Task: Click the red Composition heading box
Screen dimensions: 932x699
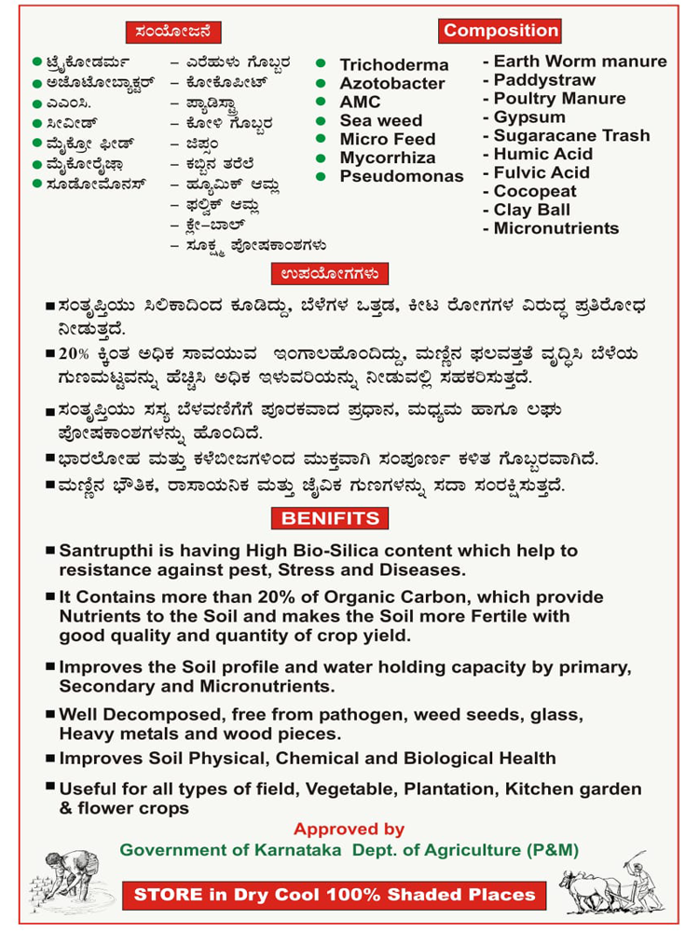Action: coord(500,31)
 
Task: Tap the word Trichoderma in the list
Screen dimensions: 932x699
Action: coord(393,64)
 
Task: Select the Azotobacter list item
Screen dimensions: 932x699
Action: coord(392,83)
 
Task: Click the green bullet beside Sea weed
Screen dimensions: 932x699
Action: coord(321,120)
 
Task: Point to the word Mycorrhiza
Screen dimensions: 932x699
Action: coord(387,158)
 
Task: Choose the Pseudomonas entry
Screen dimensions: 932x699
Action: coord(401,176)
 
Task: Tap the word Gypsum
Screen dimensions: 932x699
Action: coord(529,117)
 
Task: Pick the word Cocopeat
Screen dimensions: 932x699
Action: coord(535,191)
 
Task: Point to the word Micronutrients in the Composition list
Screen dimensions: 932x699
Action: coord(555,228)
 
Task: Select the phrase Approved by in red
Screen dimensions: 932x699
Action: coord(349,829)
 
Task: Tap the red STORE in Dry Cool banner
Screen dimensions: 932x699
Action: coord(336,895)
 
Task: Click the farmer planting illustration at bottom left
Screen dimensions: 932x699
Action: coord(61,885)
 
